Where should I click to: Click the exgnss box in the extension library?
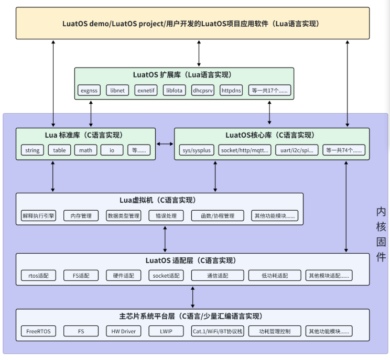(x=89, y=91)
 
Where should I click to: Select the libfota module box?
(x=175, y=91)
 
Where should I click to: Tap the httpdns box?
(x=231, y=91)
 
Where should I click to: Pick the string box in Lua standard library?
(x=32, y=150)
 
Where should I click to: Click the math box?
(x=85, y=150)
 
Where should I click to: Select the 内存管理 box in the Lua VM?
(x=81, y=215)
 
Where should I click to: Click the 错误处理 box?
(x=166, y=215)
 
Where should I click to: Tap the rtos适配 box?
(x=39, y=275)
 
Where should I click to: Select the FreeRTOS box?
(x=39, y=331)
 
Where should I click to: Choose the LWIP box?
(x=166, y=331)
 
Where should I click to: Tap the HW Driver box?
(x=124, y=331)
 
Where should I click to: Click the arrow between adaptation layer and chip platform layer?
(x=193, y=298)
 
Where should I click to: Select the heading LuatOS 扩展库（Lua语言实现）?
(x=182, y=75)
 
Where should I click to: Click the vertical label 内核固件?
(x=381, y=234)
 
